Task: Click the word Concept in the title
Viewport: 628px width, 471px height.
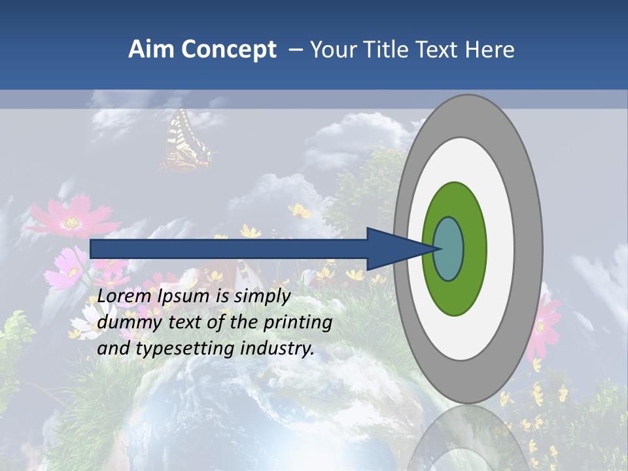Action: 228,50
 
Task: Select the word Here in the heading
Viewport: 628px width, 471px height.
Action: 490,50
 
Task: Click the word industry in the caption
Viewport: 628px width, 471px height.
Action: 277,349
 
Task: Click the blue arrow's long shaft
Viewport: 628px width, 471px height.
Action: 229,249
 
